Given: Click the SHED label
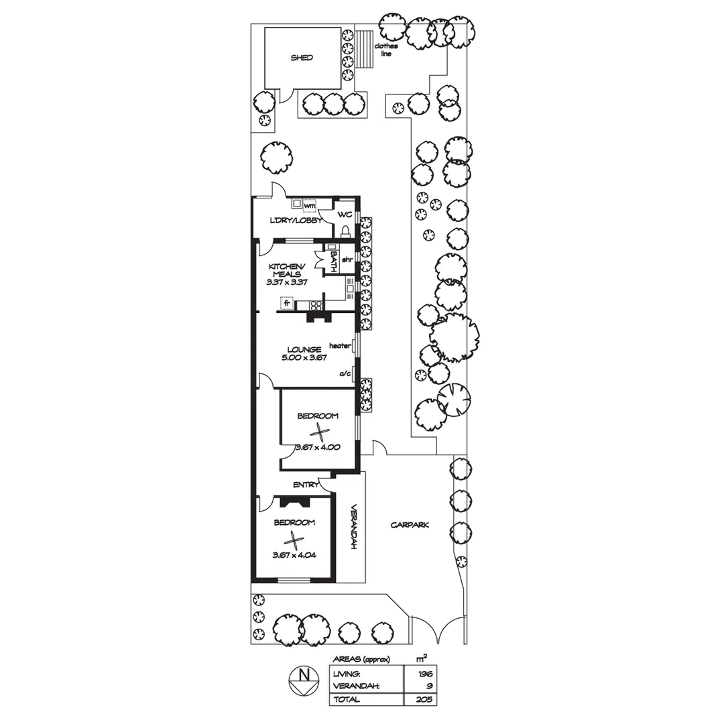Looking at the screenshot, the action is pos(302,58).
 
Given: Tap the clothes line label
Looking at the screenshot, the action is pos(386,50).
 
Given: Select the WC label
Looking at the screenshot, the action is pos(345,215).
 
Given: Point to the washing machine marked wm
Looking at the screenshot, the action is pos(309,205).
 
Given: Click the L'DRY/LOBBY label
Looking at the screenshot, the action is pos(296,221).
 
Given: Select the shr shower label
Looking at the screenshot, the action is pos(347,259).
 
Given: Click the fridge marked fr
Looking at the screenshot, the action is pos(287,303).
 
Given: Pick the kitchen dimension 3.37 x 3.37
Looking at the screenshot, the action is pos(287,282).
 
